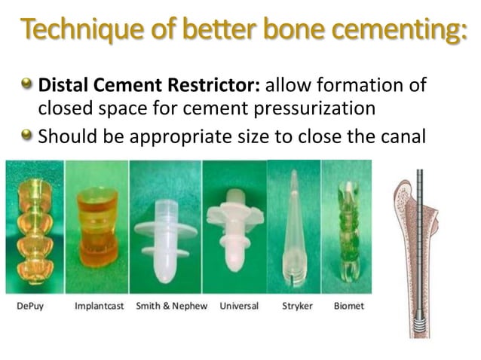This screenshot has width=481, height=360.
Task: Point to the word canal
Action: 400,137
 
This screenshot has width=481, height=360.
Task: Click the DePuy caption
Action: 32,306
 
